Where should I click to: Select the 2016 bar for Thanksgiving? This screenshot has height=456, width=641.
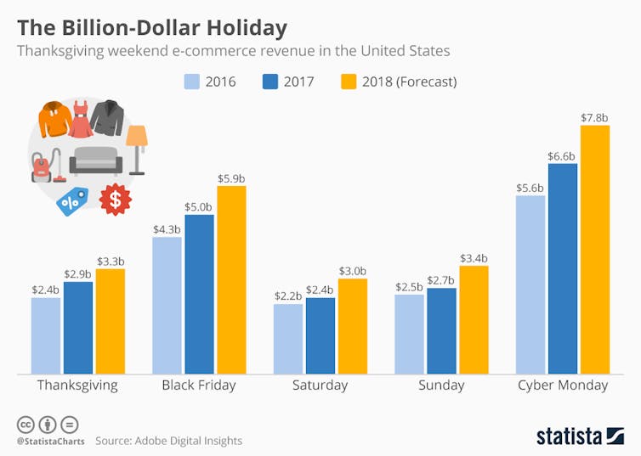(x=46, y=335)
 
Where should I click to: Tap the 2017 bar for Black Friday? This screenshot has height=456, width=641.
(x=199, y=294)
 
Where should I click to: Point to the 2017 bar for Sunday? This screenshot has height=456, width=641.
(x=441, y=330)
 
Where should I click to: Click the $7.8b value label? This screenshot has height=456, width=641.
(x=595, y=118)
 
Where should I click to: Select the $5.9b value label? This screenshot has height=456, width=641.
(x=231, y=178)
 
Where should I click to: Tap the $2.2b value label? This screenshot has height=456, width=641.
(x=287, y=296)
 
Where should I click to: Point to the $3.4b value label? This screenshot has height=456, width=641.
(x=474, y=258)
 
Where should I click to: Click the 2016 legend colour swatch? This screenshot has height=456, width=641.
(x=191, y=82)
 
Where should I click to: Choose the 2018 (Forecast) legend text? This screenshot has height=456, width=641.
(x=409, y=82)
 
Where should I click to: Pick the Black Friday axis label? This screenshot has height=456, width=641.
(x=199, y=386)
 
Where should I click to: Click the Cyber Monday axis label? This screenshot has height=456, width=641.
(x=563, y=386)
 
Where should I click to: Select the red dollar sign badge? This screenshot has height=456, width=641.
(x=116, y=199)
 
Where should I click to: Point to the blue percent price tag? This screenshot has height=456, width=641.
(x=72, y=200)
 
